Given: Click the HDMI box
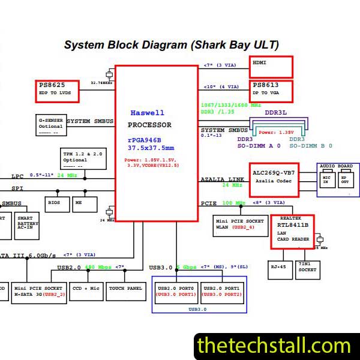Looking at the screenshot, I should pos(271,66).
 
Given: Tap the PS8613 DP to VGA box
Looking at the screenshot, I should pos(271,91).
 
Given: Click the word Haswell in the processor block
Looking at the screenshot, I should pos(147,113).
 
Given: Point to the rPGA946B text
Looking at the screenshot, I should pos(144,139).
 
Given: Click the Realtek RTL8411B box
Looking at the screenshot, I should pos(292,232).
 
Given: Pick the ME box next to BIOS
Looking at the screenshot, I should pos(79,203).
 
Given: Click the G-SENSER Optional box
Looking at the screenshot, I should pos(50,124).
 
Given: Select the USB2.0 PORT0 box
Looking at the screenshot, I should pos(176,291).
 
